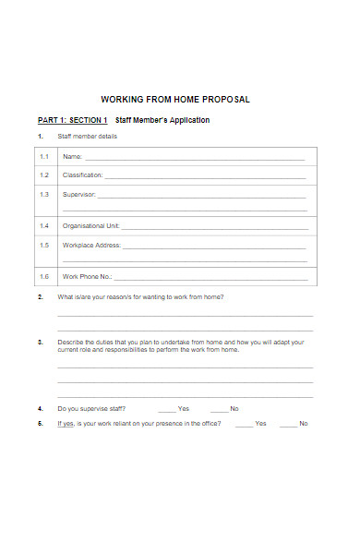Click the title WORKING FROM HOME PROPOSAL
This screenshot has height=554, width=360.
click(174, 100)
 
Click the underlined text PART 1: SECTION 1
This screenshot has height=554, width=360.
click(73, 120)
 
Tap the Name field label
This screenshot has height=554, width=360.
click(72, 158)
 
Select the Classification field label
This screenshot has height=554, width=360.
click(83, 175)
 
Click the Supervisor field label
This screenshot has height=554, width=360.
click(78, 195)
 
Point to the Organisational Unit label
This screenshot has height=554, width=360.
click(90, 225)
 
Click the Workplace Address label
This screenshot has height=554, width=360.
click(91, 246)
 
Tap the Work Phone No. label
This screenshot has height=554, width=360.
click(87, 276)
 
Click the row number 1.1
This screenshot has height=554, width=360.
click(44, 158)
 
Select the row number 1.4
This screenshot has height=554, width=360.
click(44, 225)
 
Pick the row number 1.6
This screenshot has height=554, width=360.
click(44, 276)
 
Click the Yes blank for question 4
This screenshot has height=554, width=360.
click(166, 408)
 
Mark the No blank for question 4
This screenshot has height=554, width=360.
click(219, 408)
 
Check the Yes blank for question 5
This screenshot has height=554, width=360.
click(244, 423)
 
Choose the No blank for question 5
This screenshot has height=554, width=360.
click(288, 423)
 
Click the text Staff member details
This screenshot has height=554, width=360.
click(88, 138)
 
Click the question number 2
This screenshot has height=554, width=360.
click(41, 297)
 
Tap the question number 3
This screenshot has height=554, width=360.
click(41, 342)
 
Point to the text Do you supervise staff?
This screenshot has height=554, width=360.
click(92, 408)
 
